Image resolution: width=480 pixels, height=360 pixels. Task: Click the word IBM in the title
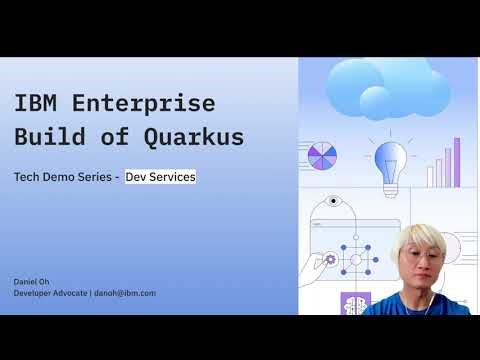pos(36,104)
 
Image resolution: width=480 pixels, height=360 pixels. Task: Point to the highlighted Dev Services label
pos(160,176)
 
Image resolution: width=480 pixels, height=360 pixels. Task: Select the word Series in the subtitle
pos(95,176)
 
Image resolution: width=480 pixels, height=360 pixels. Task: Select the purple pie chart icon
pos(322,158)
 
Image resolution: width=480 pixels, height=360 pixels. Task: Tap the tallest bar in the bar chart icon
pos(457,162)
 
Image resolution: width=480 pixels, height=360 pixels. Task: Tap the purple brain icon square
pos(353,303)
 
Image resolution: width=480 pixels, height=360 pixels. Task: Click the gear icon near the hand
pos(331,259)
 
